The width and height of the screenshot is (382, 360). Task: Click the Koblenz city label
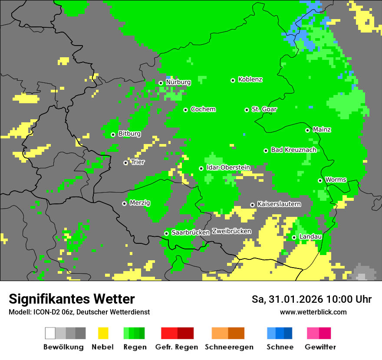(x=250, y=80)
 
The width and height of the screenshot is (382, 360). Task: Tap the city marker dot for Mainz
(x=307, y=130)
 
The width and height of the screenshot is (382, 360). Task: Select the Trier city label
(x=138, y=162)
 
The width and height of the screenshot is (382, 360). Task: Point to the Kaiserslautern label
(x=279, y=204)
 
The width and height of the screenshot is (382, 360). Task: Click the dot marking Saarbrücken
(x=166, y=233)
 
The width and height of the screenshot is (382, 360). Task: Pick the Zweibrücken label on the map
(x=231, y=231)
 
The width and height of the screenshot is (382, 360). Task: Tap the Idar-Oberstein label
(x=228, y=167)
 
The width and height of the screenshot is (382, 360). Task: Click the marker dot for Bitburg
(x=113, y=134)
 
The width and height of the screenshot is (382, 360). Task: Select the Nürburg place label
(x=178, y=82)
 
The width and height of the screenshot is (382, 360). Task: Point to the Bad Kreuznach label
(x=293, y=150)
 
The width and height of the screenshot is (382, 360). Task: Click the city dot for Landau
(x=294, y=237)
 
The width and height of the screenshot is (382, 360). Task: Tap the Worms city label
(x=336, y=180)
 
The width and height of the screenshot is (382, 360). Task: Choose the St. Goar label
(x=264, y=109)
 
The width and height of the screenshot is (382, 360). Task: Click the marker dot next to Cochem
(x=185, y=110)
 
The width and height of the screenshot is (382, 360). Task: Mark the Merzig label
(x=140, y=203)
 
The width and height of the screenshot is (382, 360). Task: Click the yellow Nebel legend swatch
(x=103, y=333)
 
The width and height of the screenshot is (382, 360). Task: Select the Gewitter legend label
(x=320, y=347)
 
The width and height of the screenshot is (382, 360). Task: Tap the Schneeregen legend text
(x=229, y=347)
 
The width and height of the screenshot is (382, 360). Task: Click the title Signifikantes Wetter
(x=72, y=299)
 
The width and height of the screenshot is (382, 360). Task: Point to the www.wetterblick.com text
(x=313, y=312)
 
